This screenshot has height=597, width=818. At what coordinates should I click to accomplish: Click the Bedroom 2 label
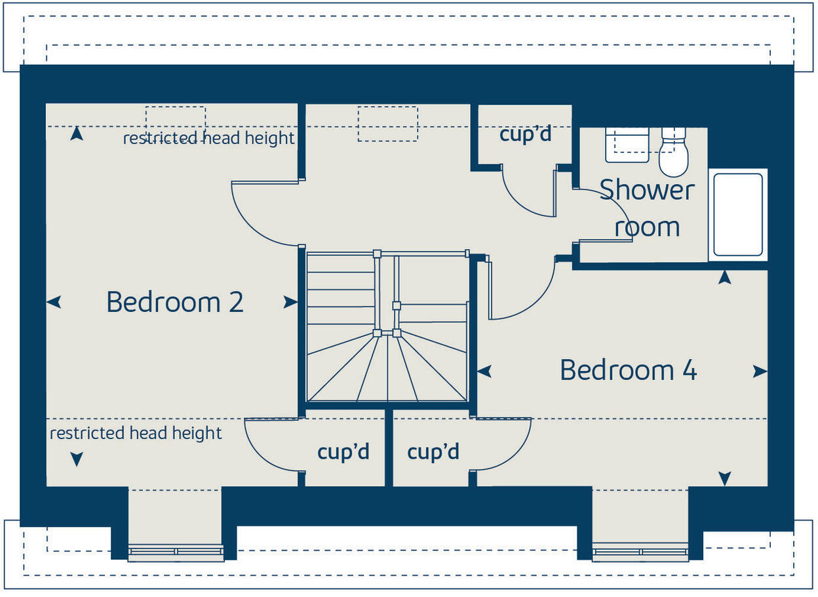[174, 302]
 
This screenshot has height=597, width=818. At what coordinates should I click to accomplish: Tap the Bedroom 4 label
[628, 370]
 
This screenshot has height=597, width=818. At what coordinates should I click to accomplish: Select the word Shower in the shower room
[646, 190]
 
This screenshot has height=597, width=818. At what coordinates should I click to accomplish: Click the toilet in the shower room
[673, 153]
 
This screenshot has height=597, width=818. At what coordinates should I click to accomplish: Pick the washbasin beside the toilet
[627, 144]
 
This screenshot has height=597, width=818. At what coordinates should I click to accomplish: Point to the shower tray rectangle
[737, 215]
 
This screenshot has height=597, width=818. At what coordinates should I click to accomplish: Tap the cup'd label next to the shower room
[525, 134]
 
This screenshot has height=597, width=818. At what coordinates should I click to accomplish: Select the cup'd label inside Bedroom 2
[343, 452]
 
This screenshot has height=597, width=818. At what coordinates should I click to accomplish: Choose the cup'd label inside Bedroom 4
[433, 452]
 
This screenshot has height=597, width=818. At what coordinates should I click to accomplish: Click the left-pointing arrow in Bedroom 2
[54, 302]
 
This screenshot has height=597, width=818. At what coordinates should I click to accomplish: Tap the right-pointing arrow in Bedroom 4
[760, 372]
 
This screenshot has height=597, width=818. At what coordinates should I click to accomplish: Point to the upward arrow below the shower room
[724, 277]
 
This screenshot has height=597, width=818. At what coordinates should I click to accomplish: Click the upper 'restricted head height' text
[208, 138]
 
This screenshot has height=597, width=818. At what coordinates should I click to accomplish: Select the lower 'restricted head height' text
[136, 433]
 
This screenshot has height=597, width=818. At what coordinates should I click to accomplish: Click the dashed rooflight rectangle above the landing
[387, 123]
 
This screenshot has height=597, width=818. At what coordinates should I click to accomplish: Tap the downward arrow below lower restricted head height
[77, 459]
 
